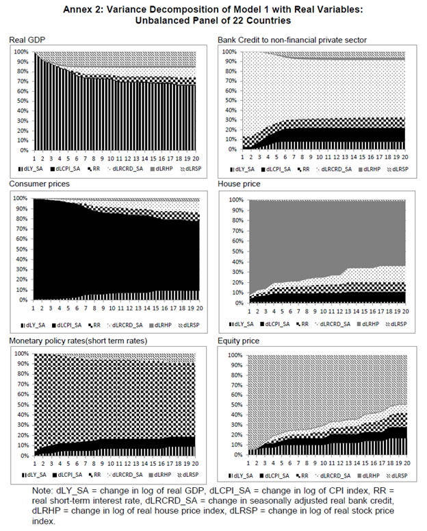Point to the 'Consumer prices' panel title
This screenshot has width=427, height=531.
[x=38, y=185]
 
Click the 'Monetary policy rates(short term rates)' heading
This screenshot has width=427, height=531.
[x=79, y=341]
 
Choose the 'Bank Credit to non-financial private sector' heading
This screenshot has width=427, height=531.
[x=292, y=41]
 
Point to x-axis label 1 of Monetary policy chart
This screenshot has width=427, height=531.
[x=34, y=465]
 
